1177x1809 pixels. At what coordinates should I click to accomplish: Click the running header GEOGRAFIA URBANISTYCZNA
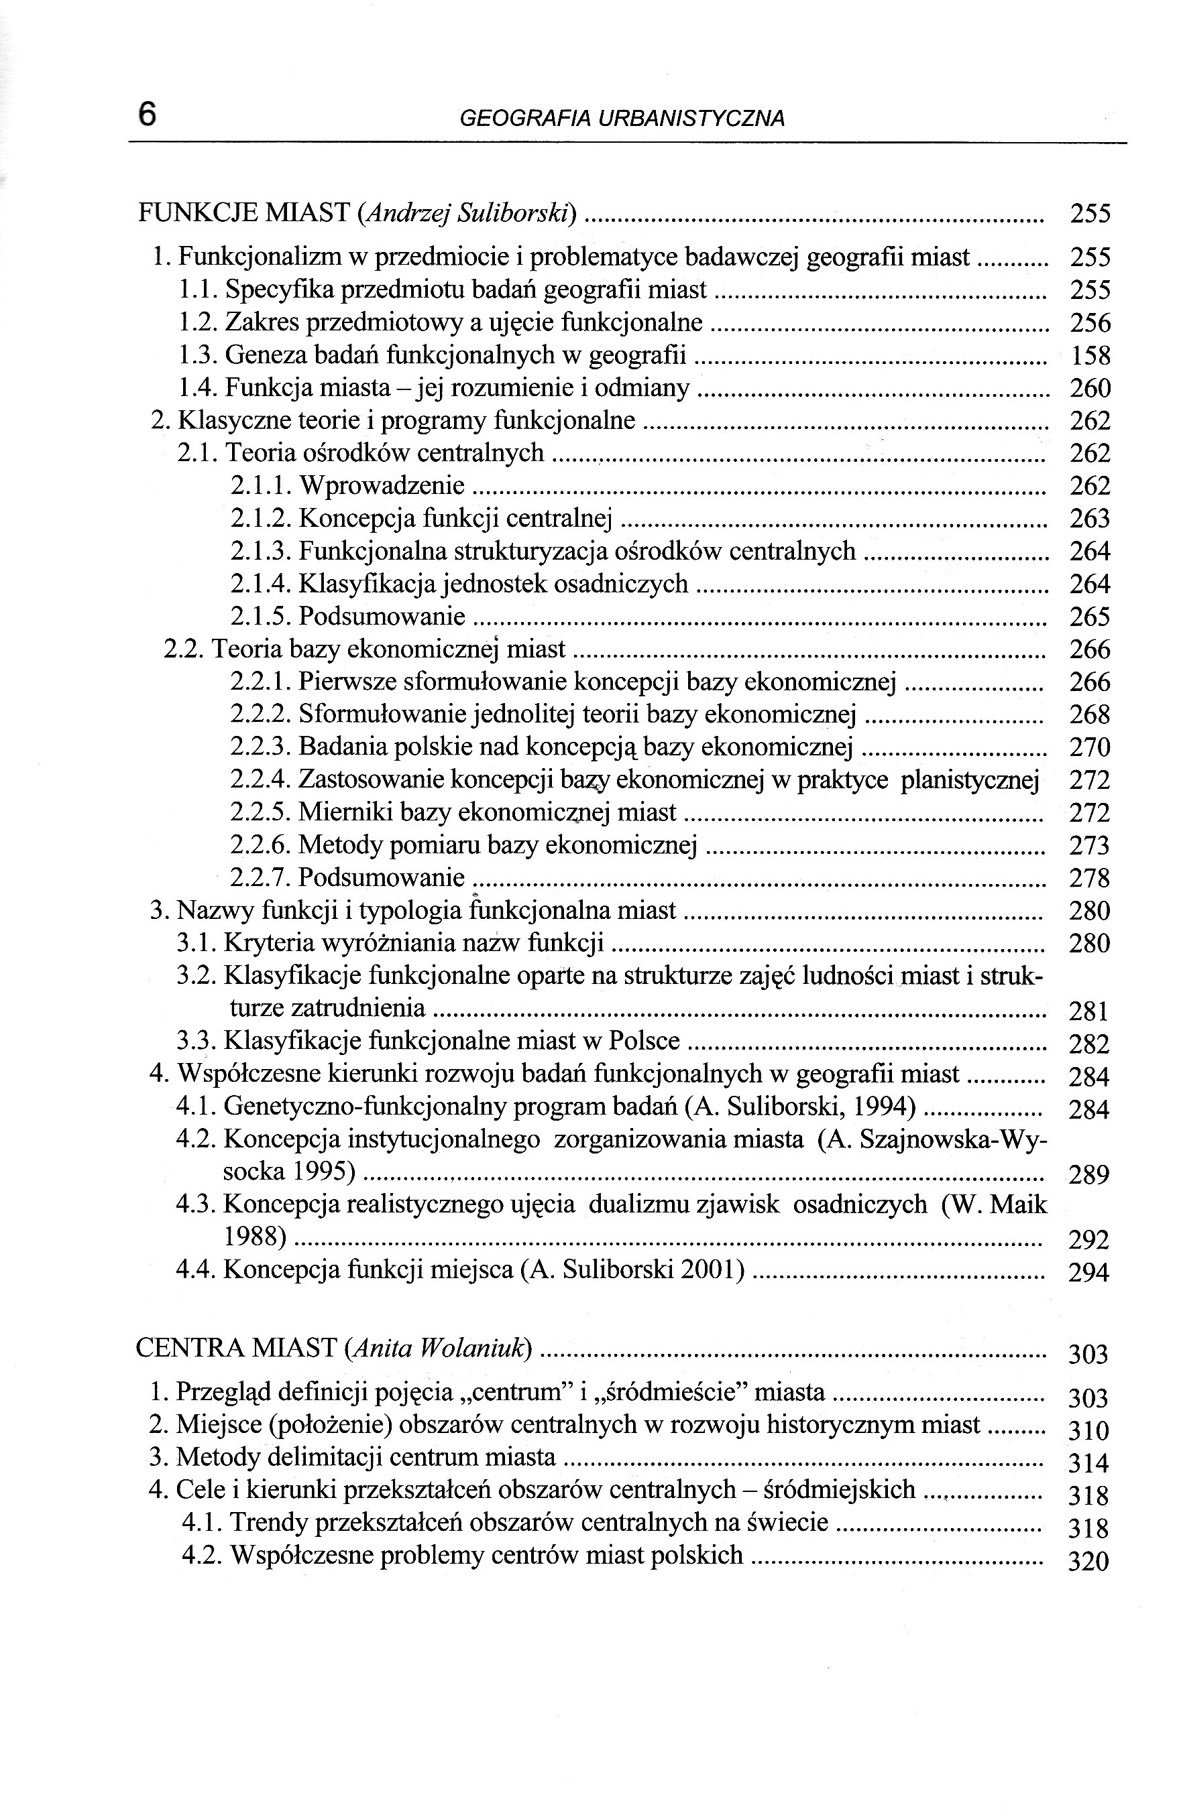(x=622, y=119)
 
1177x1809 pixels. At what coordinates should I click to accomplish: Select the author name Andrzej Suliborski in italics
(x=466, y=214)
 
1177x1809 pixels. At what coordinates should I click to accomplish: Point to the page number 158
(x=1090, y=356)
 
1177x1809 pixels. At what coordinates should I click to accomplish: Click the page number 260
(x=1090, y=388)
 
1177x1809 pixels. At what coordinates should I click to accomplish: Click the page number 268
(x=1090, y=715)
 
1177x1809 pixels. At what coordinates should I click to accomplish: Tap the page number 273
(x=1090, y=846)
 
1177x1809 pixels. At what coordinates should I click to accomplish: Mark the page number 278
(x=1090, y=879)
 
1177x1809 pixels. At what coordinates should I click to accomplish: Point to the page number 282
(x=1090, y=1044)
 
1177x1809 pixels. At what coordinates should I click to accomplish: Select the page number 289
(x=1090, y=1175)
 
